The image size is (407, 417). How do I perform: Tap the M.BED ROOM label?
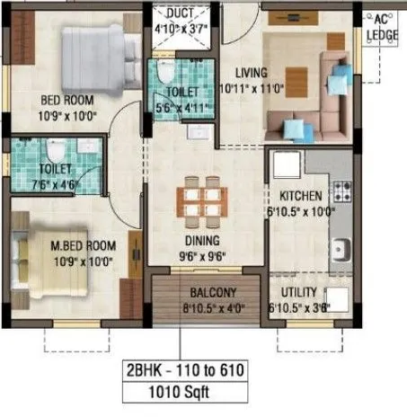tap(83, 244)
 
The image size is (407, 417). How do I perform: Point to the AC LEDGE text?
tap(383, 27)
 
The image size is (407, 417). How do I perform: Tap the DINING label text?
tap(201, 241)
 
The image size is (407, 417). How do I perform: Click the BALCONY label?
tap(212, 292)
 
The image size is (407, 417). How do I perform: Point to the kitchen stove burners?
tap(341, 190)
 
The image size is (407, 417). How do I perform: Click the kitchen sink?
tap(341, 246)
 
